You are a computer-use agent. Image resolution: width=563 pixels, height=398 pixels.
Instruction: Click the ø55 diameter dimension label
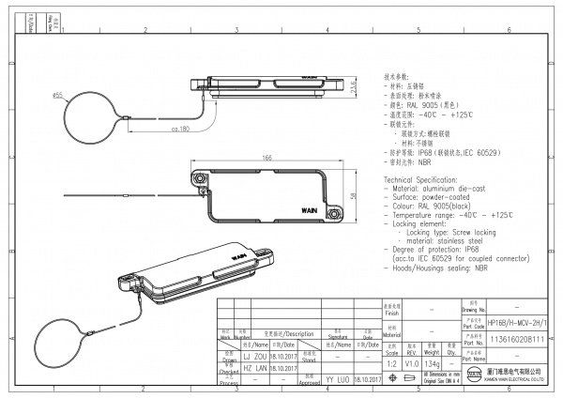click(57, 95)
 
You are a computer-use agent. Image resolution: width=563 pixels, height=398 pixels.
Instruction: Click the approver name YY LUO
click(336, 379)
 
